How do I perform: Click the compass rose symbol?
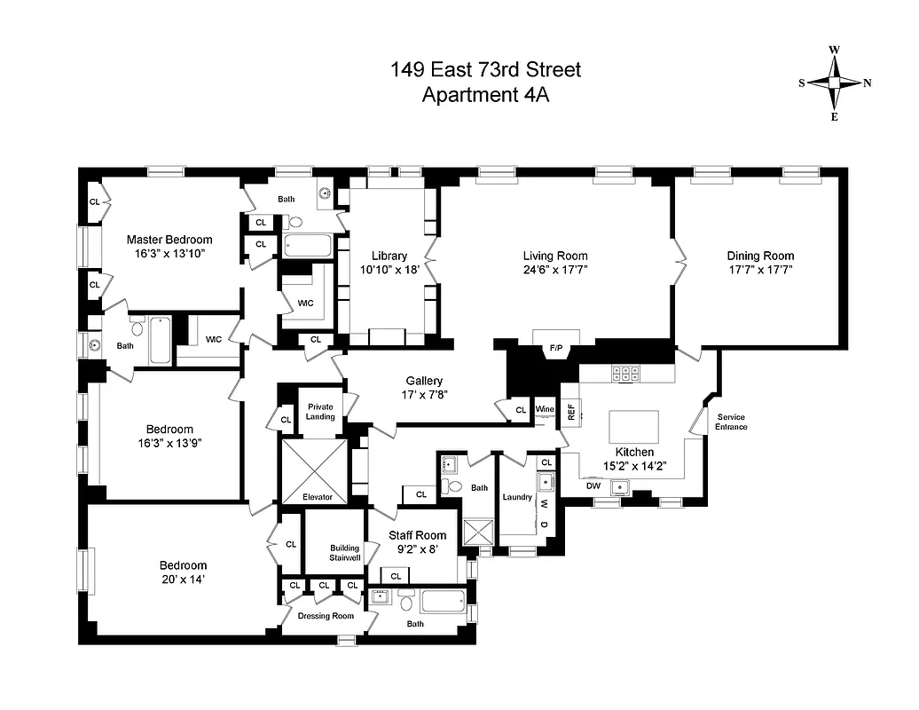835,83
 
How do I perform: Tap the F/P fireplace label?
556,348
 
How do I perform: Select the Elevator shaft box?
315,470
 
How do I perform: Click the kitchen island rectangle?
634,426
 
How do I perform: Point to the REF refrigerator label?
571,410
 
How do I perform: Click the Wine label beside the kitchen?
545,409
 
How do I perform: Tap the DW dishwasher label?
593,485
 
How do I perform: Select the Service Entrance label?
731,422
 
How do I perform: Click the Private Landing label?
320,411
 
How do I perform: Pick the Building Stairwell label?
344,553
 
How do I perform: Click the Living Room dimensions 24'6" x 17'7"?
556,270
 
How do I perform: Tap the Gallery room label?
424,381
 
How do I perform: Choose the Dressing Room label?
326,616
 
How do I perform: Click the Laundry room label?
517,497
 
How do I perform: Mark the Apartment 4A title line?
485,96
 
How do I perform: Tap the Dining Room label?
760,256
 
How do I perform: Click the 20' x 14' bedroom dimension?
183,580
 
